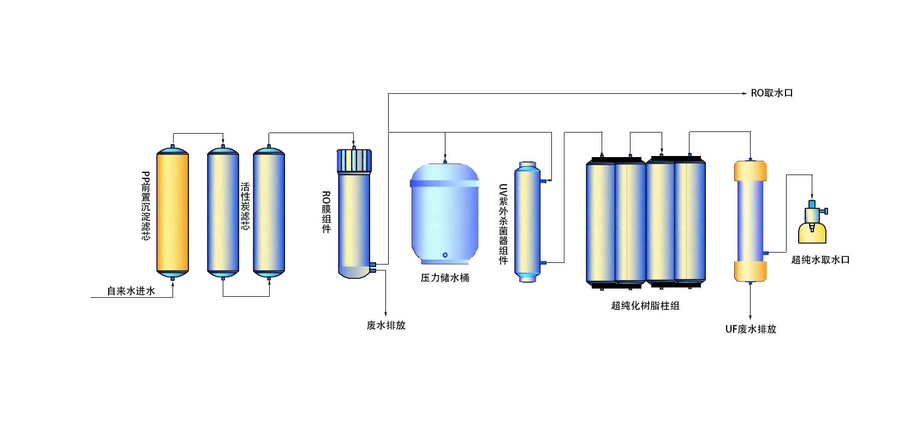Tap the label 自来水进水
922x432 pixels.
click(131, 291)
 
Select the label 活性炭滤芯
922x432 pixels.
click(245, 206)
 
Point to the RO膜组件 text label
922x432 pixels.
click(326, 212)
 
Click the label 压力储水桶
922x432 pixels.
click(445, 278)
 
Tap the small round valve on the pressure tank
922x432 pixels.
click(445, 255)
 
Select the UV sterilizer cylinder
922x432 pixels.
click(528, 221)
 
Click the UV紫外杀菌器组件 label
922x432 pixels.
click(503, 224)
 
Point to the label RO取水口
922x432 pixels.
click(772, 93)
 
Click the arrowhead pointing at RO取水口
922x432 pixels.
click(745, 94)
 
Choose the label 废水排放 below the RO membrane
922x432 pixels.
click(386, 326)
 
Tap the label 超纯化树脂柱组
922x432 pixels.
click(645, 306)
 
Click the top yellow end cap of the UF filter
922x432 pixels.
click(750, 170)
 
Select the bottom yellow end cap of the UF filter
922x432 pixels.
click(750, 271)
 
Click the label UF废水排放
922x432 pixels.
click(751, 329)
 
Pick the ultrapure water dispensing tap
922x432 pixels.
click(812, 223)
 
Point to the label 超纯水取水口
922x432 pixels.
click(820, 260)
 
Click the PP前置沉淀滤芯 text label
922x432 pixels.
click(146, 206)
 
